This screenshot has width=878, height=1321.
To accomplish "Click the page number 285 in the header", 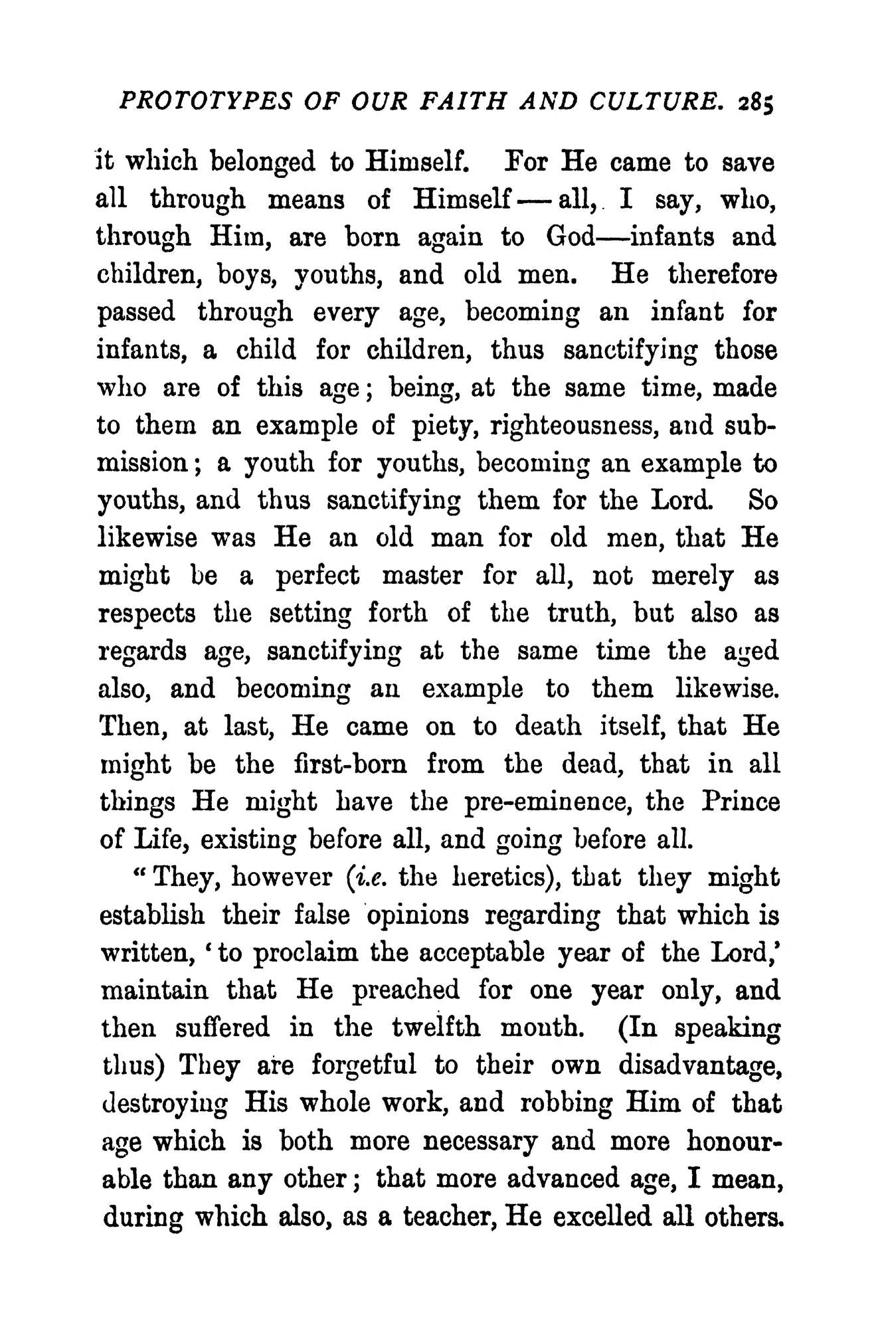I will (x=756, y=103).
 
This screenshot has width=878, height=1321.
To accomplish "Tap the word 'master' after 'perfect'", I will (x=422, y=575).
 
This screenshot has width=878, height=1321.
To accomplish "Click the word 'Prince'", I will (x=740, y=802).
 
